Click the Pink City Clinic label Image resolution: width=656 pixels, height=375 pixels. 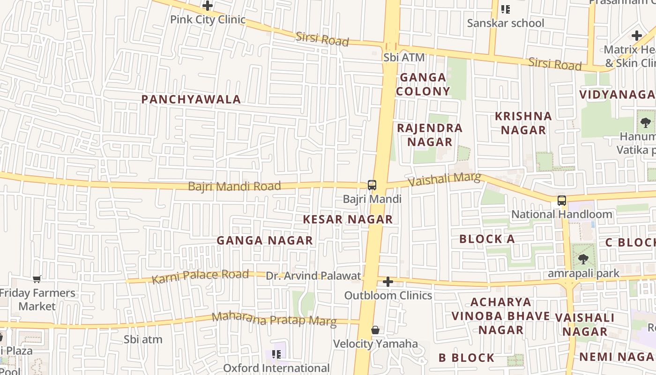point(208,20)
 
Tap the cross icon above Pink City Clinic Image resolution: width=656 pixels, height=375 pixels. point(208,6)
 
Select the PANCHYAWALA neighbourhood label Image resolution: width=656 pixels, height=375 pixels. point(191,99)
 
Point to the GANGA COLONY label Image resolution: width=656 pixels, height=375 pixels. point(423,84)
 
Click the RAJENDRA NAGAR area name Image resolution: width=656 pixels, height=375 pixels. point(430,135)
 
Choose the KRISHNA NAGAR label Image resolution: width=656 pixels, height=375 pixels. point(523,123)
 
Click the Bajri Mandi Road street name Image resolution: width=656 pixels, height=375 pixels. point(234,186)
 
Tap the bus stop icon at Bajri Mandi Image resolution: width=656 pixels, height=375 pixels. point(372,185)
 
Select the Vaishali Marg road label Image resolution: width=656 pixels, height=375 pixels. point(444,179)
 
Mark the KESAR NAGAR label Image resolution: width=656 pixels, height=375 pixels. point(348,219)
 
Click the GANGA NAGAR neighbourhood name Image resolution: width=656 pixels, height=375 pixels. point(265,240)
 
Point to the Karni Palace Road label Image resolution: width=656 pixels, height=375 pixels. point(200,277)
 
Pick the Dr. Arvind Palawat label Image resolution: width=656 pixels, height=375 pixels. point(313,276)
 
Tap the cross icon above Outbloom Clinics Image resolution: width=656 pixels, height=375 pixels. point(388,282)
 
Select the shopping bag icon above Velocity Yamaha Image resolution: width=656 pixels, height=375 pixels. point(375,330)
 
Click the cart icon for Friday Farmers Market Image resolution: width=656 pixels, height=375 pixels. point(37,279)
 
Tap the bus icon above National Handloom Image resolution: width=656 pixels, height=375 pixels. point(562,201)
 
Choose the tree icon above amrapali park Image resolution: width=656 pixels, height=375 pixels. point(583,259)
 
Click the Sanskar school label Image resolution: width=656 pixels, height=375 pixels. point(506,23)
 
